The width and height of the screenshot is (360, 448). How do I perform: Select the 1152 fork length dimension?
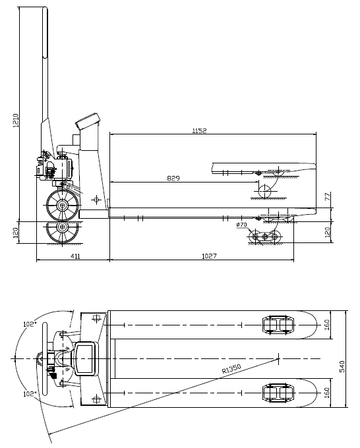(x=199, y=131)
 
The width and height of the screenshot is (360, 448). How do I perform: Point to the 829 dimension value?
(x=173, y=178)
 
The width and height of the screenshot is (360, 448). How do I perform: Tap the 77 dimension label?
(x=328, y=197)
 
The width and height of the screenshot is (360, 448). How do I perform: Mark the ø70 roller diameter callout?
(x=241, y=225)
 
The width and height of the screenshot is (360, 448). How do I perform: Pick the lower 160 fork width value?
(x=328, y=392)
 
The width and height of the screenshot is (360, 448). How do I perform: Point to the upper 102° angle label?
(x=28, y=323)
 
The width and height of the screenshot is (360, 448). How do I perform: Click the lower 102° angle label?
(x=28, y=394)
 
